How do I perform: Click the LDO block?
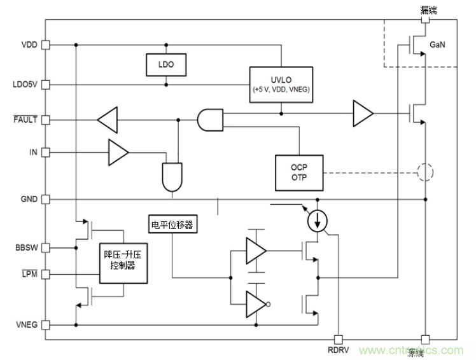pos(166,64)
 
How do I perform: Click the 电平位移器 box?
pos(172,225)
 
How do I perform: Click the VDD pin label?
pos(29,45)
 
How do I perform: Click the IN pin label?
pos(33,153)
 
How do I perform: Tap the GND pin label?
pos(29,199)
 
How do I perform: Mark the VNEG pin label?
pos(27,325)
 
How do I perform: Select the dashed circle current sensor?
pos(423,172)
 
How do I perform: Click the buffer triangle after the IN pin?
pos(118,153)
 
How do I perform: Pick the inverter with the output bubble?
pos(256,302)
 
